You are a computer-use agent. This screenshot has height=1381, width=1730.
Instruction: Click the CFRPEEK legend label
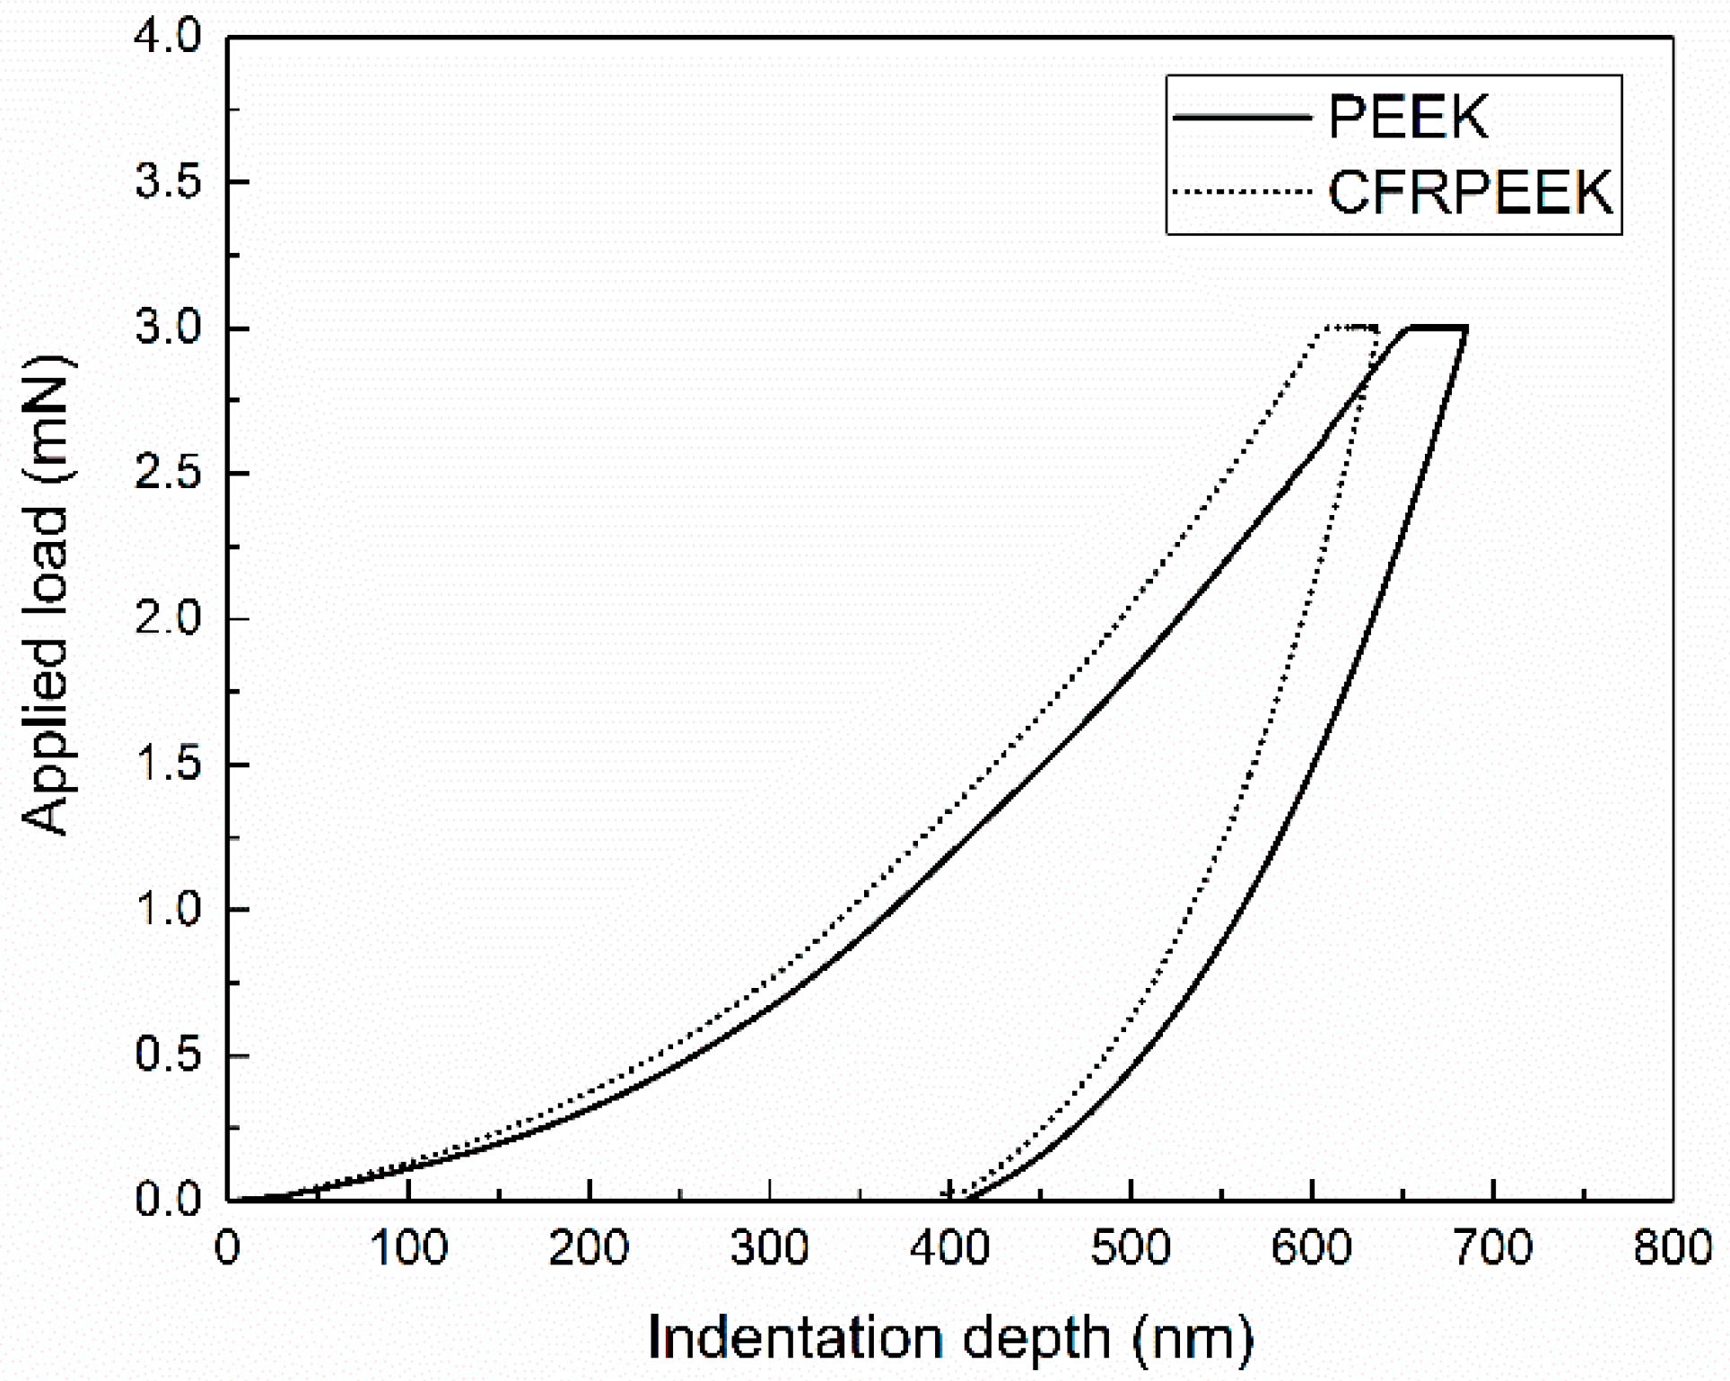(x=1470, y=191)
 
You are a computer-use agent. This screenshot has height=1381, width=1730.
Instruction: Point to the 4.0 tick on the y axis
(x=169, y=38)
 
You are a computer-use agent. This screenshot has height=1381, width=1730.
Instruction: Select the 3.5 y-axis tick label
(x=169, y=183)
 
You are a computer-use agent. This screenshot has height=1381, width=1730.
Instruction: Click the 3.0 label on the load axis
(x=169, y=328)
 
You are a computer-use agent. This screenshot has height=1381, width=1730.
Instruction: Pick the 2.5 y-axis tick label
(x=169, y=474)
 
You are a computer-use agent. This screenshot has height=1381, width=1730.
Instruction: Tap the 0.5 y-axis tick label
(x=169, y=1055)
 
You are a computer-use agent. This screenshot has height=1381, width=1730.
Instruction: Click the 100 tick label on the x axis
(x=408, y=1248)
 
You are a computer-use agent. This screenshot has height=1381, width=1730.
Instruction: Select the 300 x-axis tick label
(x=770, y=1248)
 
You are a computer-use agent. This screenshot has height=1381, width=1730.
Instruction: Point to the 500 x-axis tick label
(x=1131, y=1248)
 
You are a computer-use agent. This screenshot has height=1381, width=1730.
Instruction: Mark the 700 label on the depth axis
(x=1492, y=1248)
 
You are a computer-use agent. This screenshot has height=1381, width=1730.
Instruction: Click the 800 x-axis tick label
(x=1673, y=1248)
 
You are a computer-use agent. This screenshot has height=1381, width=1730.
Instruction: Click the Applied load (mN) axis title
(x=47, y=597)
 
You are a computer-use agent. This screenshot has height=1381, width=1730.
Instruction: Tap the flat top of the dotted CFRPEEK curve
(x=1351, y=327)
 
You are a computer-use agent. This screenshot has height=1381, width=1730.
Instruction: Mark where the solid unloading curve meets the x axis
(x=969, y=1199)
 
